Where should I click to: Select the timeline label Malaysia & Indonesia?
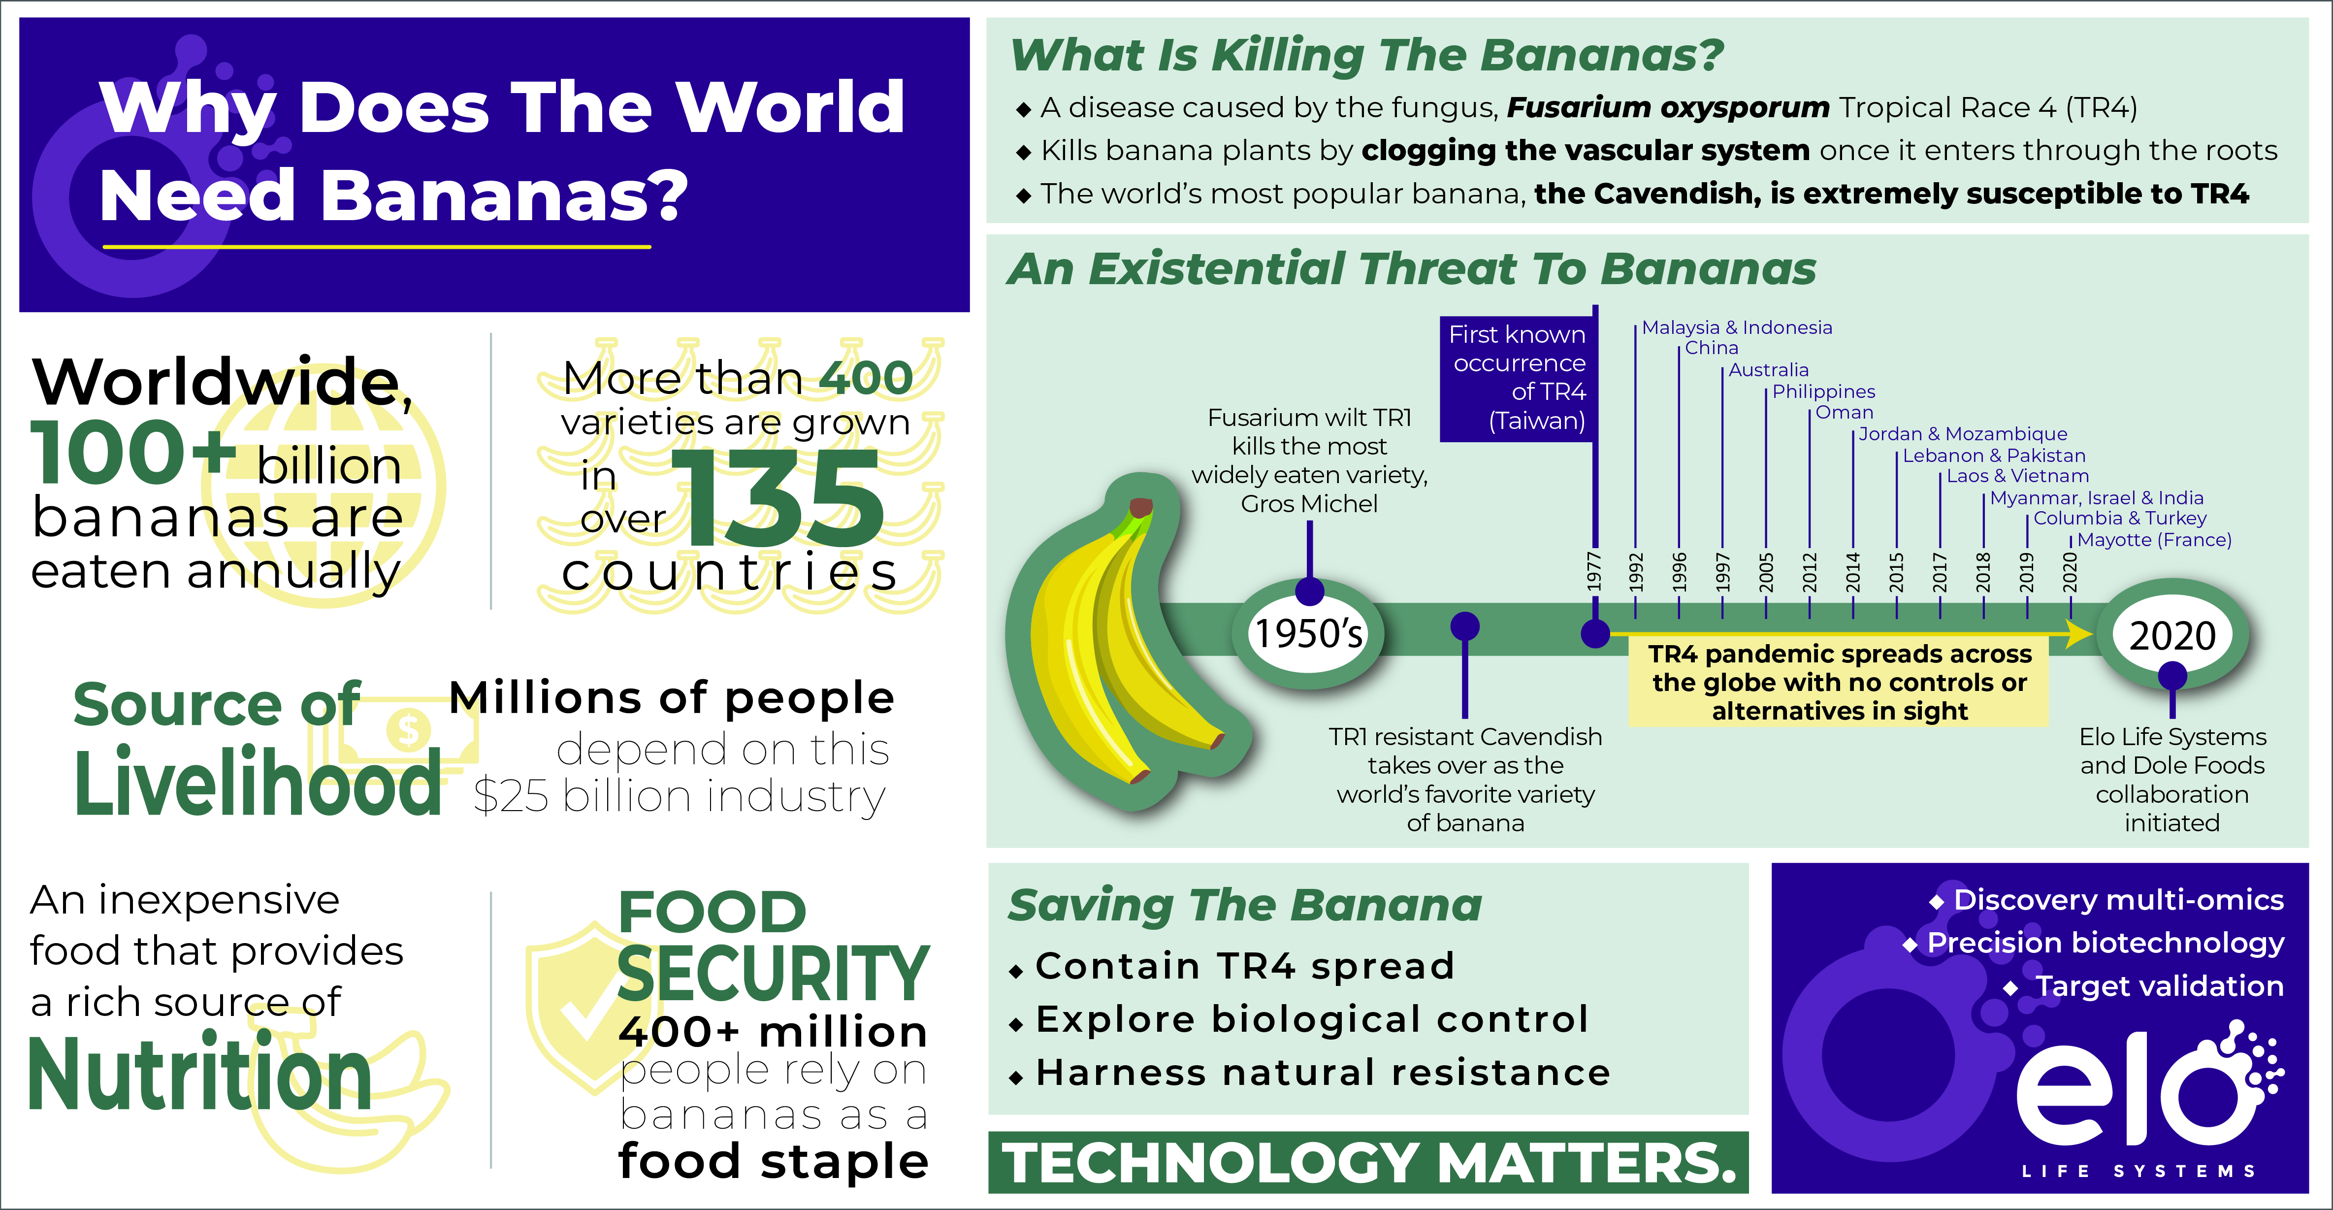[1736, 328]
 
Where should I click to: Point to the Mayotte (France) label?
[2154, 540]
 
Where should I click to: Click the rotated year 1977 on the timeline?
[1595, 571]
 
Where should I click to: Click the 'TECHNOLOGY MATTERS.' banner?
[1367, 1162]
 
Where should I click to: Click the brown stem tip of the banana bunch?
[1140, 507]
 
